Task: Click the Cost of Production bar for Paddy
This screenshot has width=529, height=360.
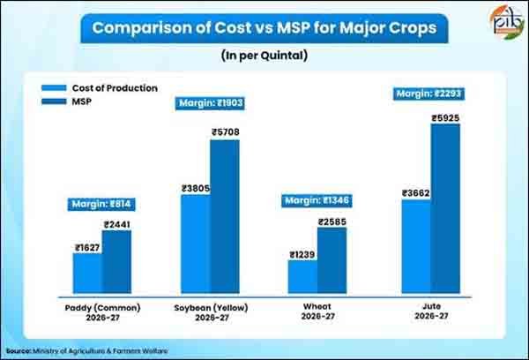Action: [x=87, y=274]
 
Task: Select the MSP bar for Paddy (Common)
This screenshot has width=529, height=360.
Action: [x=116, y=262]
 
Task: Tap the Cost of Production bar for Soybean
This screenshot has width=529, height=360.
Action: [x=196, y=244]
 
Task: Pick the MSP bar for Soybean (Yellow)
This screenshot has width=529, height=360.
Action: [x=225, y=216]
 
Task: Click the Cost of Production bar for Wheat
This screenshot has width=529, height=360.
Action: [x=303, y=276]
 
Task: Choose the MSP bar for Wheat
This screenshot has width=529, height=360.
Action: [x=332, y=260]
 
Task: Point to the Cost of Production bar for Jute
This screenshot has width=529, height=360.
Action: [x=416, y=246]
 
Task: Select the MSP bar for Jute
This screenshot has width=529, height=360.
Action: [x=445, y=208]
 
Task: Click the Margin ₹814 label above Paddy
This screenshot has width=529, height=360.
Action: [x=101, y=205]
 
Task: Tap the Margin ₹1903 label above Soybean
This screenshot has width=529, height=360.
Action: [x=210, y=103]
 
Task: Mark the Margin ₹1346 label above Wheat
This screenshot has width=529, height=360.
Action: [x=317, y=201]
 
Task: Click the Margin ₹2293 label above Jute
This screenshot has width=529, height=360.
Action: [x=428, y=94]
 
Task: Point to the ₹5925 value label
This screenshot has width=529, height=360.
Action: [x=445, y=118]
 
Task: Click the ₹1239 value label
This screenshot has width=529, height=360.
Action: [x=302, y=255]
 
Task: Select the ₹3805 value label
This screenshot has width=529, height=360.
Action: [x=196, y=189]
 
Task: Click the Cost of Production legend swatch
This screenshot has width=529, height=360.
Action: [x=54, y=88]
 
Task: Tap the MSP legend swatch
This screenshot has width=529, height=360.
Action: [x=54, y=101]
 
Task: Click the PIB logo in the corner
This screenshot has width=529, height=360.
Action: [x=507, y=22]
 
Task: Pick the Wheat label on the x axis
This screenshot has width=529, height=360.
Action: [x=317, y=307]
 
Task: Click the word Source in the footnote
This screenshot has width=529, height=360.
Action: [x=19, y=351]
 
